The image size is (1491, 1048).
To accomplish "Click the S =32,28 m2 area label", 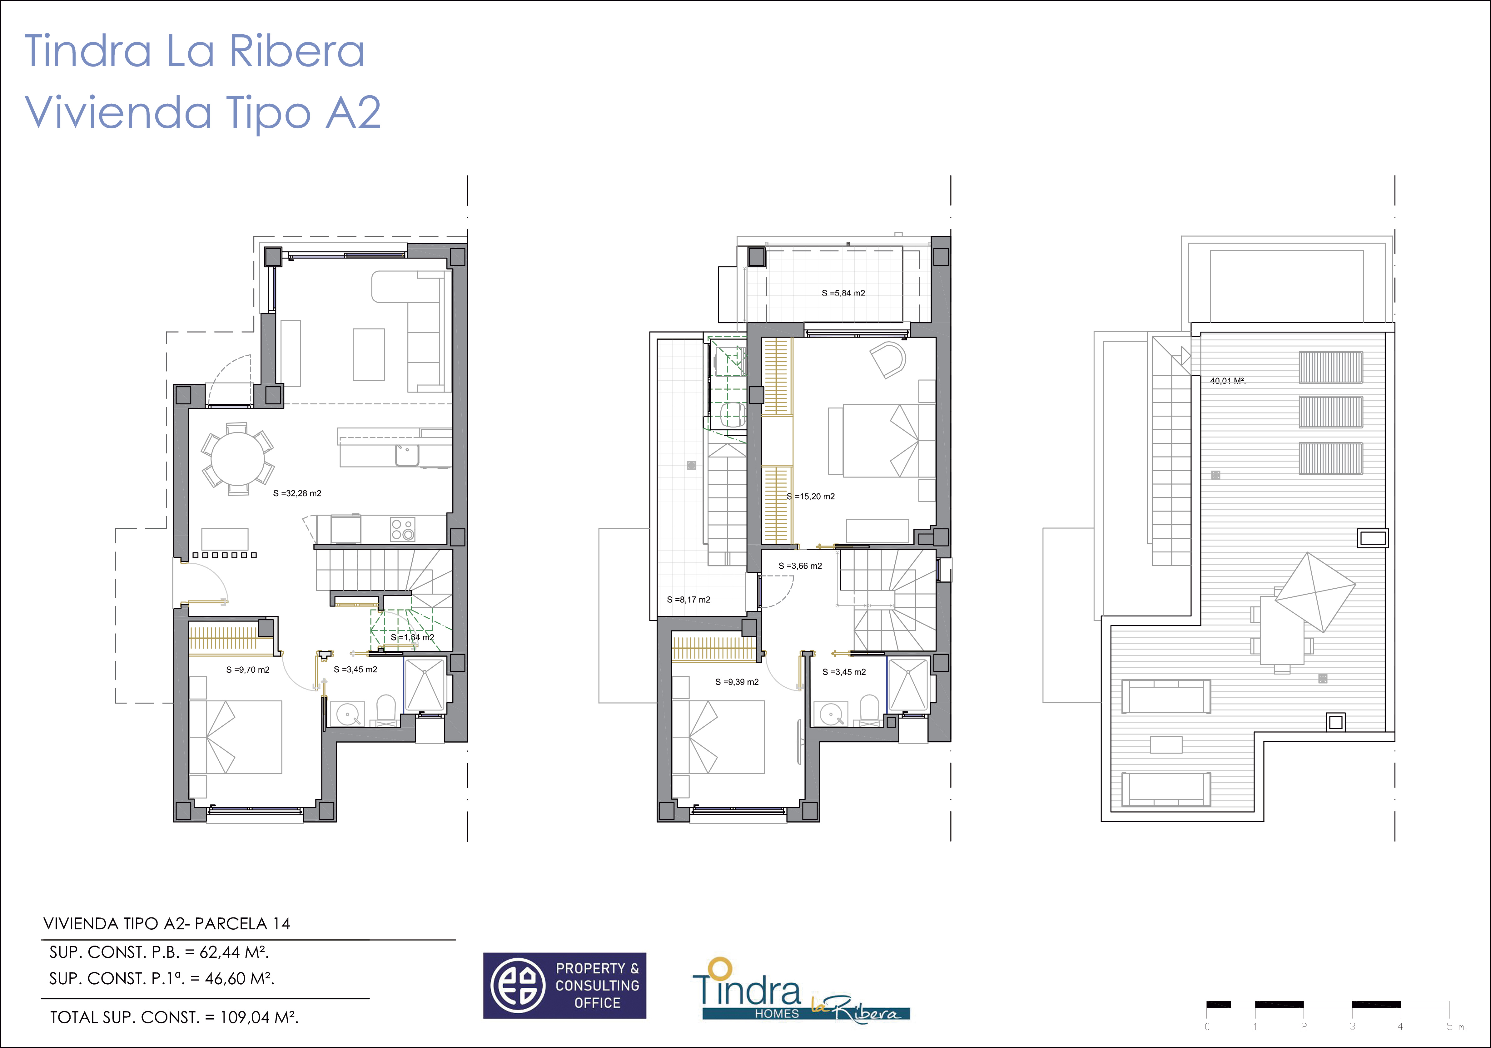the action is pos(297,493).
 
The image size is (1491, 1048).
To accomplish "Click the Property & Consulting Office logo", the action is pos(564,986).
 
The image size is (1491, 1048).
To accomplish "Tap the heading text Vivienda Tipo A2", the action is pos(203,112).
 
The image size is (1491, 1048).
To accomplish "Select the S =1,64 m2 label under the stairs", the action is pos(412,638).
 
